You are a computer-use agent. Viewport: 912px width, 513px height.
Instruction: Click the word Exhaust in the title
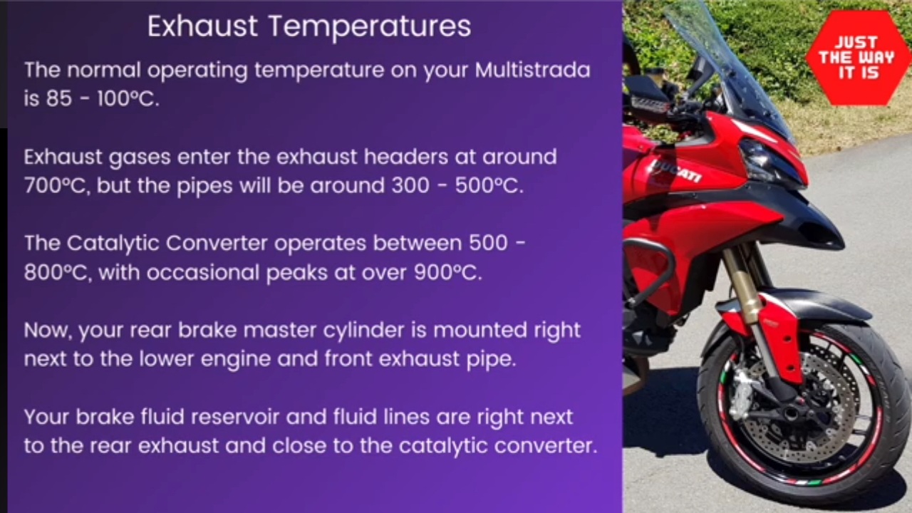(202, 26)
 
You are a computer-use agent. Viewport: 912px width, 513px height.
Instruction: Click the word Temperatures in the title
(370, 28)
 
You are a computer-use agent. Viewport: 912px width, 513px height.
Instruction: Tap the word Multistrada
(532, 70)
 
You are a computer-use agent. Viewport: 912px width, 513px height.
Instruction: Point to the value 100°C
(128, 98)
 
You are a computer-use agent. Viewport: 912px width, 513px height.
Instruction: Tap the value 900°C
(448, 272)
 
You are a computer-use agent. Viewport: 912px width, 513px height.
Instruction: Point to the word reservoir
(234, 418)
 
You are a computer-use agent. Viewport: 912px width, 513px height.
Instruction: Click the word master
(280, 330)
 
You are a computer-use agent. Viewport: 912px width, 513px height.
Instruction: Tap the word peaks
(296, 273)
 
